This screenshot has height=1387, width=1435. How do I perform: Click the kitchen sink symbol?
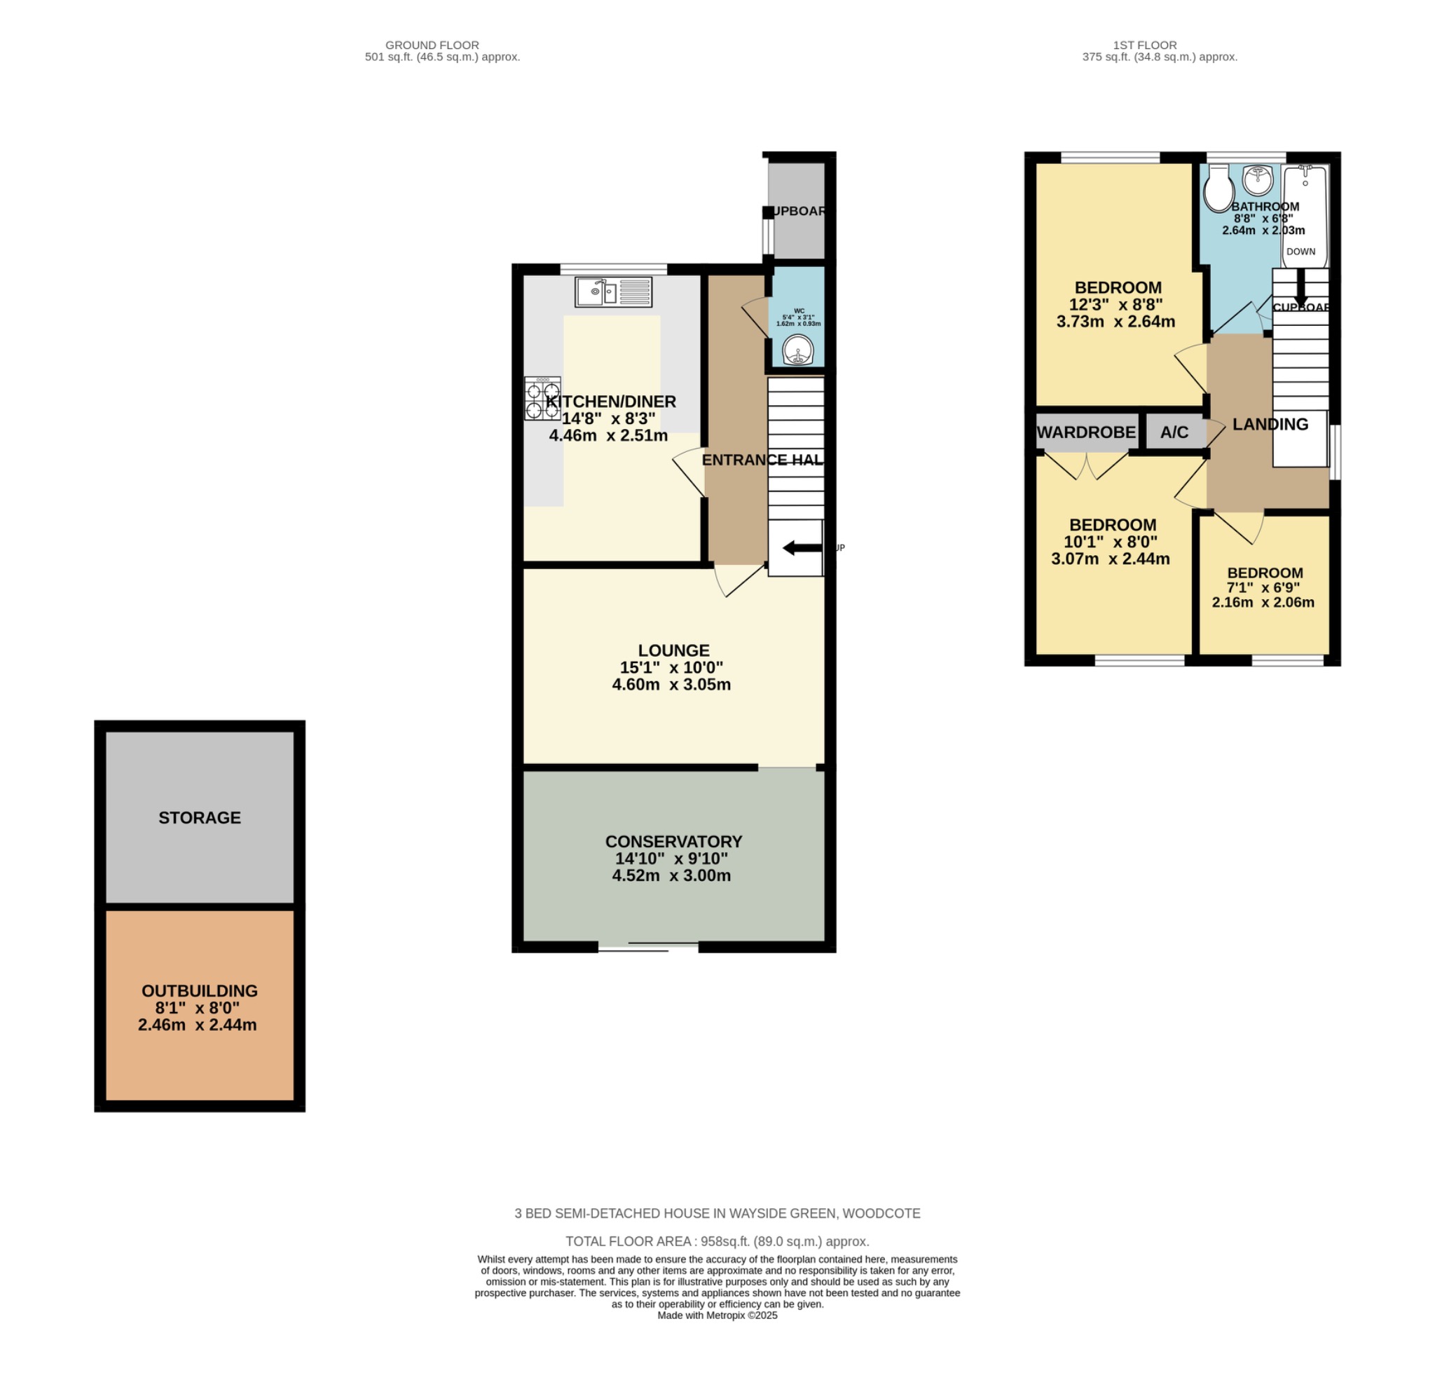613,292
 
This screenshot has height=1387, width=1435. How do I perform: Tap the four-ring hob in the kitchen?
542,397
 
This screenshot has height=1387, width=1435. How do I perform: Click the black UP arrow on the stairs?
802,548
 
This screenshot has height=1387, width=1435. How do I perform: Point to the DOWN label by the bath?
1300,251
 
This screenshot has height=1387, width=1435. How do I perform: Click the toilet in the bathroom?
1218,189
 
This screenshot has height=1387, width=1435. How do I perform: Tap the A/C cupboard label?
1174,432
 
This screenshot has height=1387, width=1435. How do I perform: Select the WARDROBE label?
1087,432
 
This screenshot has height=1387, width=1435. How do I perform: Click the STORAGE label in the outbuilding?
199,817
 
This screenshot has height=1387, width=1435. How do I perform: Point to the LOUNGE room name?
673,650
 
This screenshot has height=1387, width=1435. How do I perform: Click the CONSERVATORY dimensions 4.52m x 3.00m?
671,875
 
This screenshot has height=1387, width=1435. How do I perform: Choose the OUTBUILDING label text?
199,991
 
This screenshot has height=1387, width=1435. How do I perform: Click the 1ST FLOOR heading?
1144,45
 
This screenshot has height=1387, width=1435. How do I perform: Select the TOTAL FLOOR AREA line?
717,1241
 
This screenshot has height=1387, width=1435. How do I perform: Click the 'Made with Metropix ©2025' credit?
717,1316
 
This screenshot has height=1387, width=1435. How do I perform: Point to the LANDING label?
1270,424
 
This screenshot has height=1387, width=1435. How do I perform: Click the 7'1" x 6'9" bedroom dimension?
1263,588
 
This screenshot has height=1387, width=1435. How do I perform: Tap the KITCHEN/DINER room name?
610,402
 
